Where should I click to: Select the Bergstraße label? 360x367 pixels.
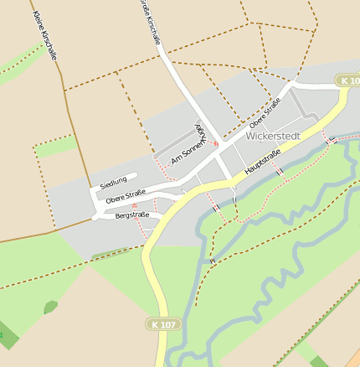pyautogui.click(x=131, y=215)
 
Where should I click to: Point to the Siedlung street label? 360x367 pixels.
pyautogui.click(x=113, y=182)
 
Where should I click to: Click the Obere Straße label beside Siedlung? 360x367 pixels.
pyautogui.click(x=126, y=196)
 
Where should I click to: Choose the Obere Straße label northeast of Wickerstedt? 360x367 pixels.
pyautogui.click(x=265, y=113)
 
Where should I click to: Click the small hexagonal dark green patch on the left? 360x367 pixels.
pyautogui.click(x=50, y=308)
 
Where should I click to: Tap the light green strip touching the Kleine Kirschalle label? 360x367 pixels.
pyautogui.click(x=21, y=63)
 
